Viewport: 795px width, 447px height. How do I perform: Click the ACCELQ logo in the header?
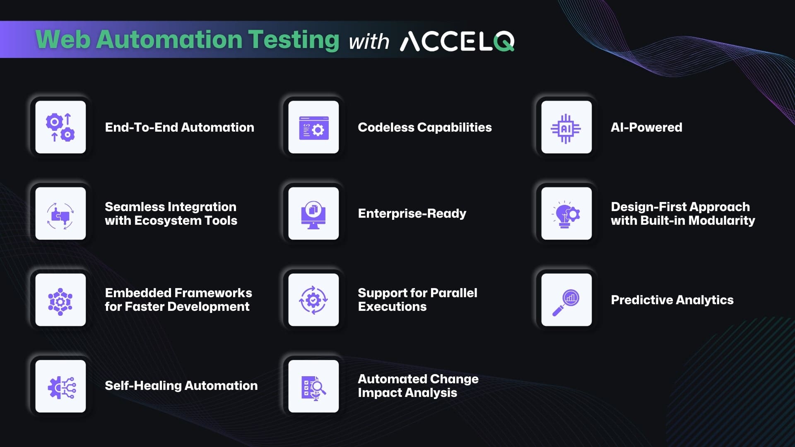tap(457, 41)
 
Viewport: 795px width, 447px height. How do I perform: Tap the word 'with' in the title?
tap(369, 42)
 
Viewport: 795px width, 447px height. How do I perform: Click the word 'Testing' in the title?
tap(294, 40)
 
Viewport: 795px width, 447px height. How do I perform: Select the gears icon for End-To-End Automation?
tap(60, 127)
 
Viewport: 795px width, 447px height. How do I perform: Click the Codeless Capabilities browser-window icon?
tap(313, 128)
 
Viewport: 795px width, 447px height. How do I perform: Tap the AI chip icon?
tap(566, 129)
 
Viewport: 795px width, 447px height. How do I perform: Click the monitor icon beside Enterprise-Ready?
tap(313, 215)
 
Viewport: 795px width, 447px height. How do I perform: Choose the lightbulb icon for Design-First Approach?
tap(566, 214)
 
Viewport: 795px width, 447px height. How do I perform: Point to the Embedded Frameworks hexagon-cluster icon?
tap(60, 302)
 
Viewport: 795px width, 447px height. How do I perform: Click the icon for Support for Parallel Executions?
tap(313, 300)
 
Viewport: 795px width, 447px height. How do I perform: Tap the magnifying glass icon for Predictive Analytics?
tap(566, 303)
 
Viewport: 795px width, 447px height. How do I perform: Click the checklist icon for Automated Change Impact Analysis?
tap(313, 388)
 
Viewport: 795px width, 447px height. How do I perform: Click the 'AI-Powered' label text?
tap(646, 127)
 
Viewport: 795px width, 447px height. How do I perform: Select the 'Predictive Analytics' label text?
tap(672, 300)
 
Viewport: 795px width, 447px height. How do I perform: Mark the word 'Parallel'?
tap(454, 293)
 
